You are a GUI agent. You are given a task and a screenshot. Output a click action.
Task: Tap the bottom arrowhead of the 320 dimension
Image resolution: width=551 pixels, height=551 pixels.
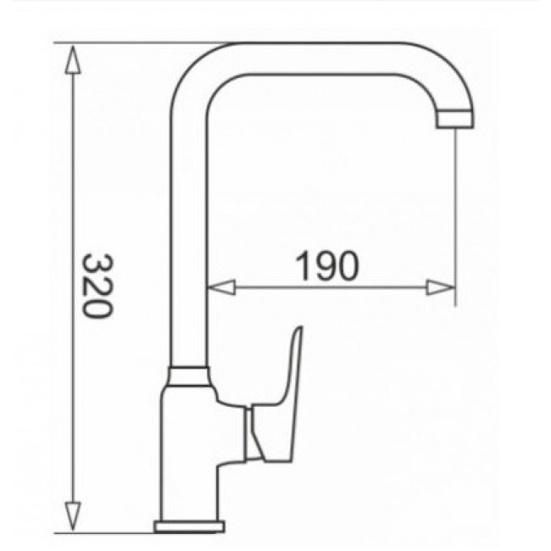point(75,517)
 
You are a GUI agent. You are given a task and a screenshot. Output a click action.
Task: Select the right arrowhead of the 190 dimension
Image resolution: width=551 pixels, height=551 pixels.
point(442,288)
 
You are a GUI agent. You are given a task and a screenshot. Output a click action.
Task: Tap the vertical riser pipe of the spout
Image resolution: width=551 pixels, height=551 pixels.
point(188,237)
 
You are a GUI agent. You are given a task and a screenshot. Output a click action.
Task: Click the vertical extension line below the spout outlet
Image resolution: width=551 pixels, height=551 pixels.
point(457,212)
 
